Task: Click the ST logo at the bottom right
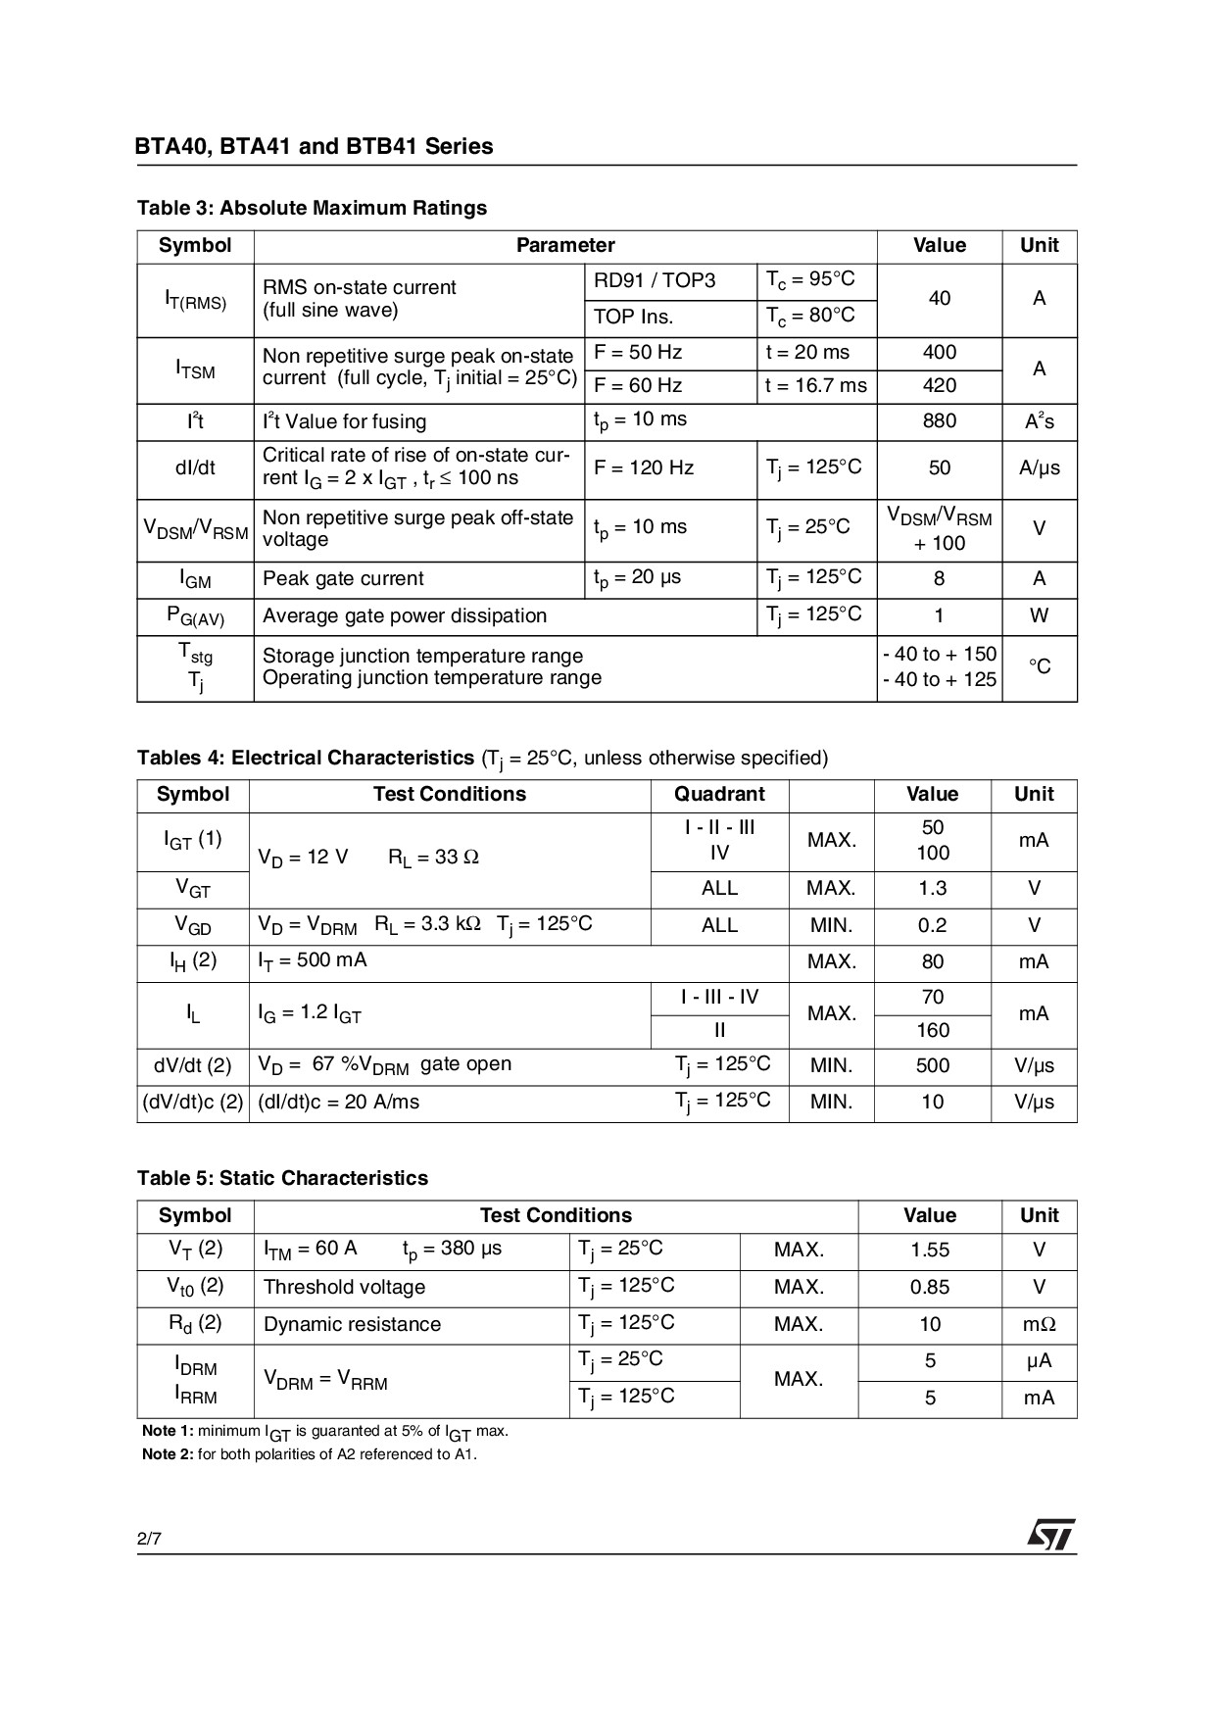1050,1535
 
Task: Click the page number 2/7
149,1539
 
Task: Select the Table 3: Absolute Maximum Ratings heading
312,208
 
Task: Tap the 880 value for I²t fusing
939,421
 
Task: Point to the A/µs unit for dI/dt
1039,468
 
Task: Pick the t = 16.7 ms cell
815,386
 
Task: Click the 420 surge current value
939,386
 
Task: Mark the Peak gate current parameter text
343,579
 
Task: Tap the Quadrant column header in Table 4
719,795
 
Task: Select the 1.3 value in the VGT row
932,889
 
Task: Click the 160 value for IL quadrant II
932,1031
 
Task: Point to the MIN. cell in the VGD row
831,926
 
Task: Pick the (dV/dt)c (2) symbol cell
193,1103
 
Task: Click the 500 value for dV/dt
932,1066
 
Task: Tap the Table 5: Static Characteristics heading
282,1179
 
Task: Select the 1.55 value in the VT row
929,1251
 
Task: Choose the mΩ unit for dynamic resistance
1039,1325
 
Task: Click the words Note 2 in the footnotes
168,1454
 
